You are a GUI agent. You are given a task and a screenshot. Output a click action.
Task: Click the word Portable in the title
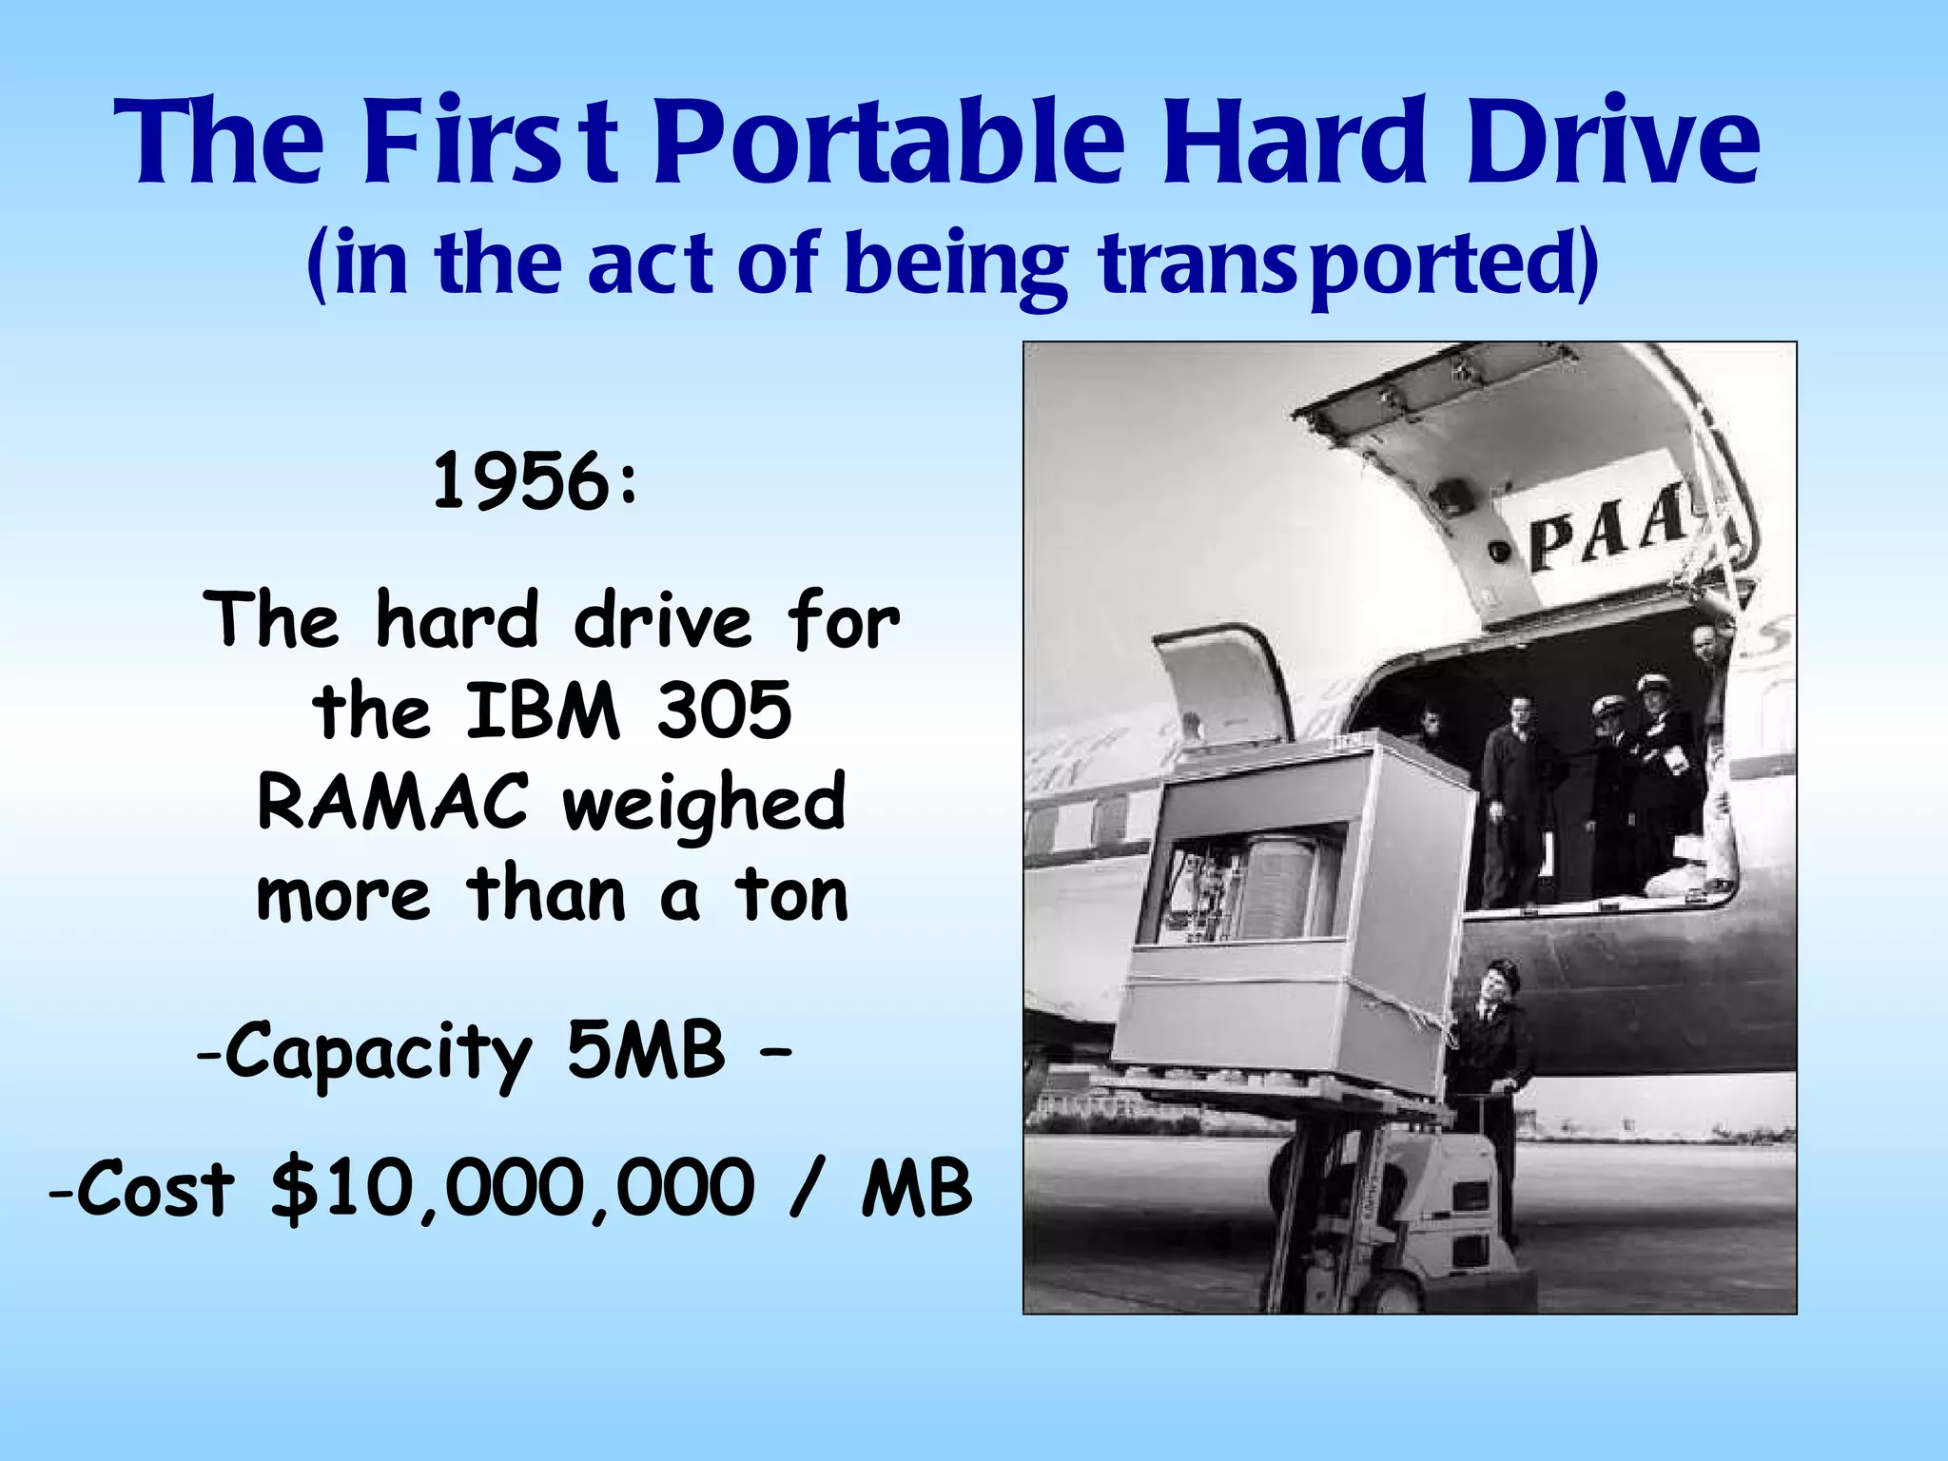pyautogui.click(x=889, y=143)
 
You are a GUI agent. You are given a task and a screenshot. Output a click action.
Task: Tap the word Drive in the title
pyautogui.click(x=1612, y=143)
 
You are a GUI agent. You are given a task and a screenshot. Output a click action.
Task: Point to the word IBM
pyautogui.click(x=542, y=711)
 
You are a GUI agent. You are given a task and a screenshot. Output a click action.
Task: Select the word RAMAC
pyautogui.click(x=392, y=802)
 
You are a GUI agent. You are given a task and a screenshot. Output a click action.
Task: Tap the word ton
pyautogui.click(x=789, y=895)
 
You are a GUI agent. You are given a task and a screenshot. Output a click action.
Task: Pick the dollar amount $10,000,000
pyautogui.click(x=513, y=1189)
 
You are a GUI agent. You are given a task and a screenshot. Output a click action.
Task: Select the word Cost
pyautogui.click(x=155, y=1189)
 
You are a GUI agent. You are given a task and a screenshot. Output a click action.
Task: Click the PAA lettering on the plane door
pyautogui.click(x=1607, y=533)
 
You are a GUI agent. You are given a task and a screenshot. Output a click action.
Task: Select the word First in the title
pyautogui.click(x=490, y=143)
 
